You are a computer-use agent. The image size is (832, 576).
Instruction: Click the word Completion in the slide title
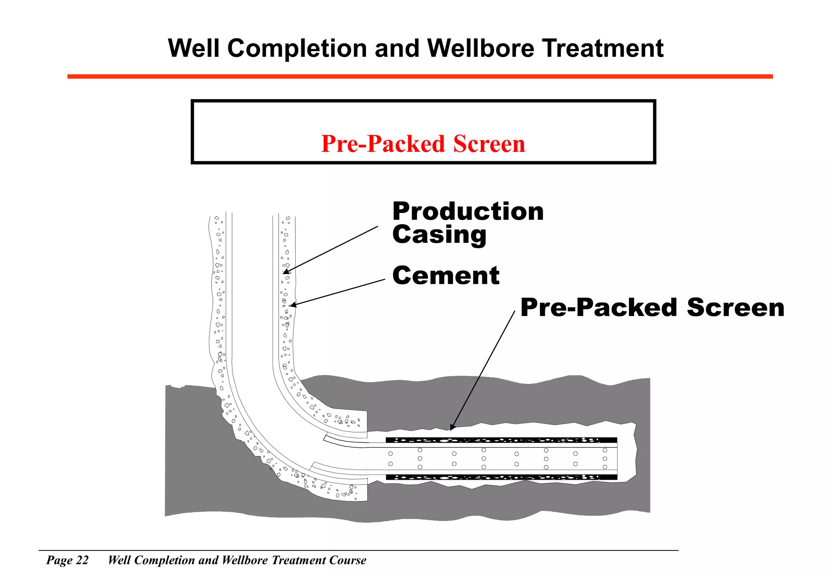coord(297,49)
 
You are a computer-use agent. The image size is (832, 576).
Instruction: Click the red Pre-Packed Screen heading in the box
coord(423,144)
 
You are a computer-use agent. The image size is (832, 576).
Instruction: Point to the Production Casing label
coord(468,223)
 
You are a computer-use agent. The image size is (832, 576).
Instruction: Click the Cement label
coord(446,275)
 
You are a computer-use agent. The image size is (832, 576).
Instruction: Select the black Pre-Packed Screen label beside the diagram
coord(652,307)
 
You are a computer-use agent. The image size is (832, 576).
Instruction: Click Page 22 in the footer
coord(67,560)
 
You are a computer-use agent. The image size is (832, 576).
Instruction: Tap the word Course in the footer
coord(348,560)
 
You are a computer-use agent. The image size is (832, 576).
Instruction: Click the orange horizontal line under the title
coord(420,76)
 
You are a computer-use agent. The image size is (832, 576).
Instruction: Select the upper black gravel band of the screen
coord(501,440)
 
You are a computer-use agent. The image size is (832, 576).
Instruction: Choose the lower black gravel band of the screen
coord(501,477)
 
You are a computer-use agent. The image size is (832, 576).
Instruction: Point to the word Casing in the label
coord(439,235)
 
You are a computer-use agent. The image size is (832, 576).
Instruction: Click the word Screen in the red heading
coord(489,144)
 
